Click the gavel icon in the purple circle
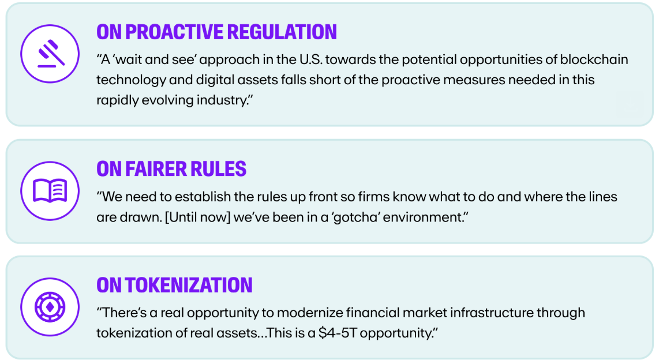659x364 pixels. click(50, 54)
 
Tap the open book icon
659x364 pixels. click(50, 191)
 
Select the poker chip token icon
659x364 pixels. click(50, 307)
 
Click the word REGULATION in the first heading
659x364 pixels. click(282, 32)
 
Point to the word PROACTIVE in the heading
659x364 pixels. click(174, 32)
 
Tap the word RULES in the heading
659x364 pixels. click(218, 169)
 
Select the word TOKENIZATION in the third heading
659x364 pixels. click(189, 285)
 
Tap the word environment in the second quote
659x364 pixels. click(425, 217)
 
